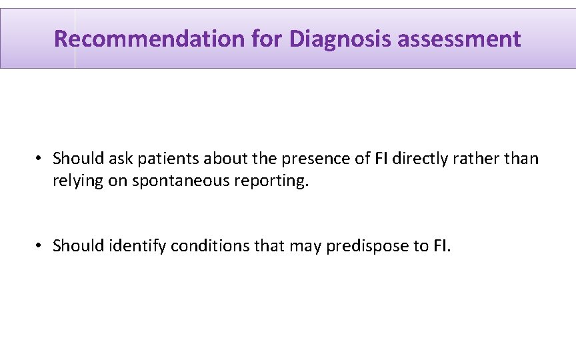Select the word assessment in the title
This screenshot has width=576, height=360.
tap(459, 39)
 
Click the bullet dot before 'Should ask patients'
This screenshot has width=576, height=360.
tap(40, 159)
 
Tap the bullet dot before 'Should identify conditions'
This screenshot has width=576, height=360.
tap(40, 246)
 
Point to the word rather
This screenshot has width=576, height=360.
tap(480, 159)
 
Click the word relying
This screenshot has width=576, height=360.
tap(76, 181)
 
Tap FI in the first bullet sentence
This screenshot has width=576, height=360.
tap(381, 159)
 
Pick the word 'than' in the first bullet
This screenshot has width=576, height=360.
tap(523, 159)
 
